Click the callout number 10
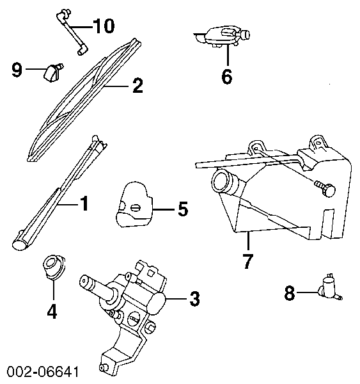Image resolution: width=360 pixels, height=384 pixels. [104, 26]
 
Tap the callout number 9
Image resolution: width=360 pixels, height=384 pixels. [17, 70]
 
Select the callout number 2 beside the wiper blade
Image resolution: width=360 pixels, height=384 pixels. [137, 86]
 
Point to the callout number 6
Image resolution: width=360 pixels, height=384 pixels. [227, 77]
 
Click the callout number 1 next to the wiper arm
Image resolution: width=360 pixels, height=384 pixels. [84, 203]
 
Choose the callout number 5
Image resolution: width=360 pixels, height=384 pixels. [184, 209]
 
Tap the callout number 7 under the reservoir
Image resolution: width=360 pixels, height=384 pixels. [247, 261]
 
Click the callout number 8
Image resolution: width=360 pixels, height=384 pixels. [290, 294]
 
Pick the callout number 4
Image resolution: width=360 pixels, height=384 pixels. [52, 311]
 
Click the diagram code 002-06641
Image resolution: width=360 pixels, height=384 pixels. [43, 372]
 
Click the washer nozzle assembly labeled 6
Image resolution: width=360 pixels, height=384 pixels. [223, 36]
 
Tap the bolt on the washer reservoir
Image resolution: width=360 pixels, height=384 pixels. [325, 188]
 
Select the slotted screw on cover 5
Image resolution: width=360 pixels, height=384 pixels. [136, 208]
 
